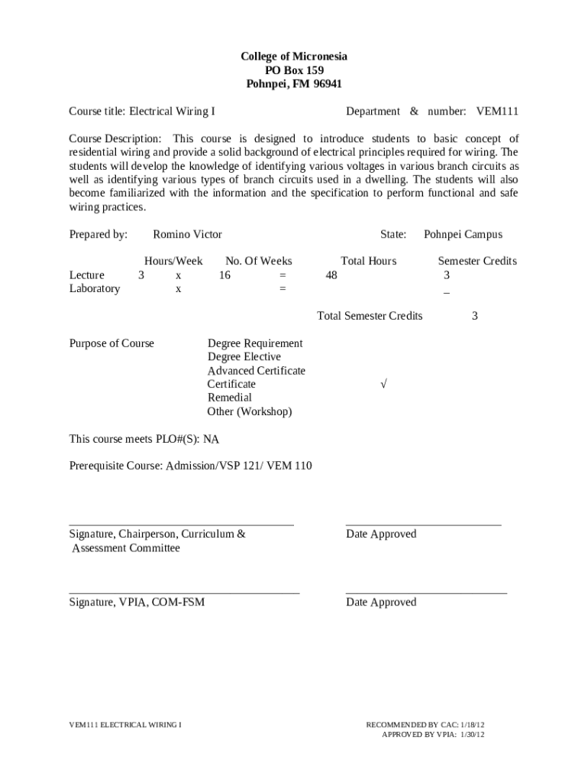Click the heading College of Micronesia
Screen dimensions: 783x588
point(294,57)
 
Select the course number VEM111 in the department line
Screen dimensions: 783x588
point(497,112)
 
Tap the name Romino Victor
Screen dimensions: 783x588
point(187,235)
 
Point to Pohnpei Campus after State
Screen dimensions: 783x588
point(463,235)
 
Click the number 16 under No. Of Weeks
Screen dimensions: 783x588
point(225,275)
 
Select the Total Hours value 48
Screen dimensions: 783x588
point(331,275)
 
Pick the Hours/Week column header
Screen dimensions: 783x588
point(173,262)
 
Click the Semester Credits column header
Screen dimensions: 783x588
point(477,262)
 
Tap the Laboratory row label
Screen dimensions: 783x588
point(95,289)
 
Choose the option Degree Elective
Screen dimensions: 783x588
point(244,357)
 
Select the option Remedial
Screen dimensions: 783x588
point(229,398)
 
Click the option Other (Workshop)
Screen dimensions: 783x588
point(249,411)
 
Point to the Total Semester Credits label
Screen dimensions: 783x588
point(370,316)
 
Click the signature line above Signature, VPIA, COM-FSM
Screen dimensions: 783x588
point(184,593)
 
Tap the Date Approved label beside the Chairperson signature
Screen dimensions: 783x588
point(381,534)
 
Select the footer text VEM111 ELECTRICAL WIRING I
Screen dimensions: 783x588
point(125,723)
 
